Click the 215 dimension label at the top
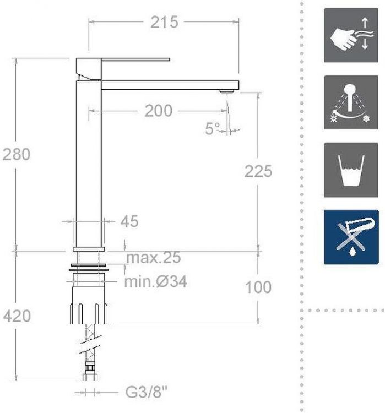(x=165, y=22)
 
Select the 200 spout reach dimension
(x=158, y=111)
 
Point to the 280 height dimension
(x=17, y=154)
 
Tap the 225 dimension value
(x=258, y=171)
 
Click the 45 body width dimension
(x=129, y=221)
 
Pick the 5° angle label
(x=212, y=129)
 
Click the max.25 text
(x=154, y=257)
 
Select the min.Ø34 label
(x=155, y=282)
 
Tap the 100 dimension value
(x=258, y=287)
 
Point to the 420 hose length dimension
(x=17, y=316)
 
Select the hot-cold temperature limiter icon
(x=351, y=103)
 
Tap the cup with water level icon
(x=351, y=170)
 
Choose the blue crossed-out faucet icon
(x=351, y=237)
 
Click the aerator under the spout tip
(x=226, y=91)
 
